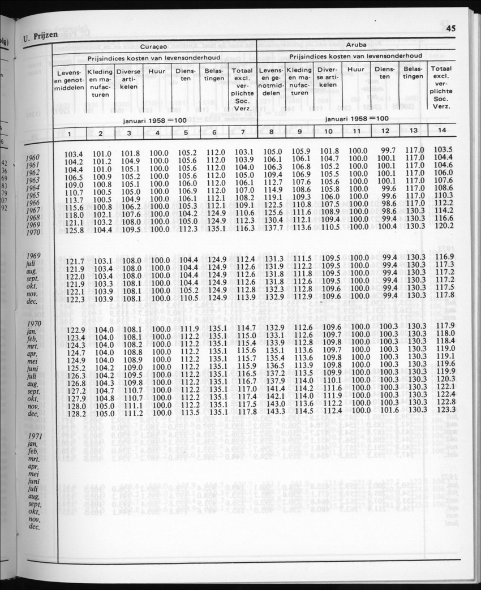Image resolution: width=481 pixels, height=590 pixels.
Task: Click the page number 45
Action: pyautogui.click(x=450, y=29)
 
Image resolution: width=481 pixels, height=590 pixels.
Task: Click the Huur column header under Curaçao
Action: pyautogui.click(x=157, y=71)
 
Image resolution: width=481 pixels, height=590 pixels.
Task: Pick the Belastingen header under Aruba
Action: pyautogui.click(x=413, y=72)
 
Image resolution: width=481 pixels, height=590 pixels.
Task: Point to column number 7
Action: pyautogui.click(x=242, y=133)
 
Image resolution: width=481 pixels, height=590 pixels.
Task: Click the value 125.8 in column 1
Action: pyautogui.click(x=74, y=230)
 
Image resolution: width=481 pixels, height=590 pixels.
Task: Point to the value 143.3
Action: pyautogui.click(x=274, y=411)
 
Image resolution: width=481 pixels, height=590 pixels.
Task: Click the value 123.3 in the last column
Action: pyautogui.click(x=444, y=409)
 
